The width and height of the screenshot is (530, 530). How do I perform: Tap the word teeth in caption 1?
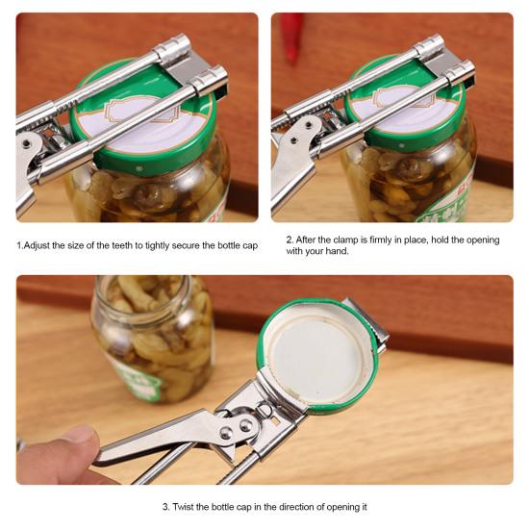(122, 246)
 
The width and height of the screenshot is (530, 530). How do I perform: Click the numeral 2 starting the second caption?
(289, 240)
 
